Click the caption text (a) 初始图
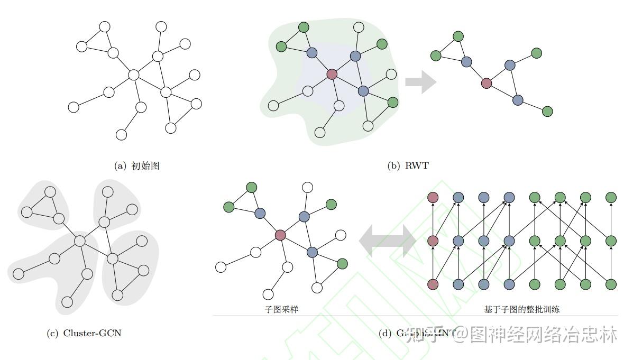pos(137,166)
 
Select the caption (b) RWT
pos(408,166)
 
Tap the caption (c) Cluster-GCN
pos(84,333)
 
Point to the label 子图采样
pos(281,309)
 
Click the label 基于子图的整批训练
pos(521,309)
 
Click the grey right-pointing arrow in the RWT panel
pos(420,82)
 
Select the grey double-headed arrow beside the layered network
pos(388,240)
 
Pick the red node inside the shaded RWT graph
pos(332,74)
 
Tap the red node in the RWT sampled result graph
pos(486,83)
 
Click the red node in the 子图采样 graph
pos(280,235)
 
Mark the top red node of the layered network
pos(433,198)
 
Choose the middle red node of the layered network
pos(433,241)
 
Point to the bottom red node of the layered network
pos(433,284)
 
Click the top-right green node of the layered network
pos(611,198)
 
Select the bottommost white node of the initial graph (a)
pos(121,135)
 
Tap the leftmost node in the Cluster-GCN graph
pos(19,274)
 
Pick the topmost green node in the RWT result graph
pos(458,36)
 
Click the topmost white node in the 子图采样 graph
pos(307,187)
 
